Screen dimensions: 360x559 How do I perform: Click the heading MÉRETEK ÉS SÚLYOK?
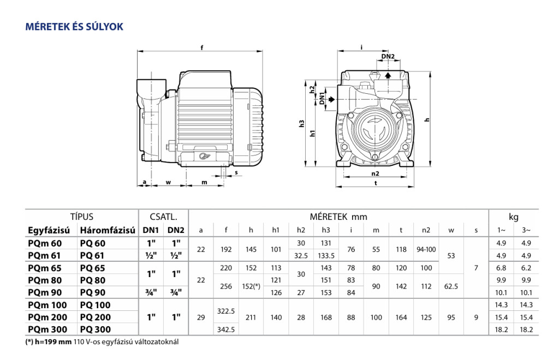click(74, 26)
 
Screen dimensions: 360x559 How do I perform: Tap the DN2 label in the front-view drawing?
click(388, 57)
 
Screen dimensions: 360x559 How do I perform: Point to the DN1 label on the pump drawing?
click(322, 99)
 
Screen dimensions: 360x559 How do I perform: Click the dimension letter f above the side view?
click(202, 47)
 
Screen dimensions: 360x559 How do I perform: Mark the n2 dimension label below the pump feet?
click(375, 173)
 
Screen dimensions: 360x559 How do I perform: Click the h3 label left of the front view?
click(302, 123)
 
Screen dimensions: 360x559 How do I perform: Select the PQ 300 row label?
click(95, 329)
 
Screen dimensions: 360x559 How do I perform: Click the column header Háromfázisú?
click(107, 231)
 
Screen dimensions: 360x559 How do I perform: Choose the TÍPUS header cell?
click(82, 217)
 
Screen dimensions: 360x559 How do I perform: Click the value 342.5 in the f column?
click(225, 329)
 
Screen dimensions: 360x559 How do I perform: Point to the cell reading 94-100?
click(426, 249)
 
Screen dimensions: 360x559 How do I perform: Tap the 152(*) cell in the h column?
click(251, 286)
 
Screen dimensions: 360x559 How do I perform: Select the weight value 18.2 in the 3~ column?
click(526, 329)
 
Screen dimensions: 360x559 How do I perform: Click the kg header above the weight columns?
click(514, 217)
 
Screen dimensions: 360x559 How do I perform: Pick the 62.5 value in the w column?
click(451, 286)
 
